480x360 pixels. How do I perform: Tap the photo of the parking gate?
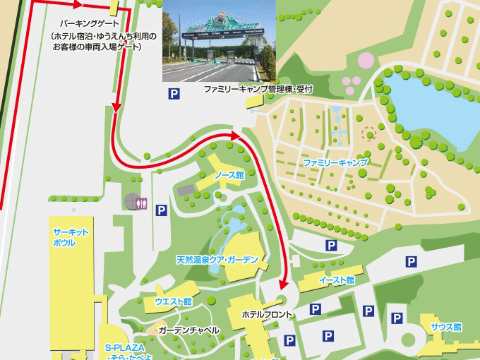pyautogui.click(x=219, y=41)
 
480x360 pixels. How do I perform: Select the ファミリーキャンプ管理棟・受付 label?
pyautogui.click(x=258, y=90)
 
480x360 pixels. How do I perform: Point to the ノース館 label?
pyautogui.click(x=229, y=174)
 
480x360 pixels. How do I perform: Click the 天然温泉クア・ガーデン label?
pyautogui.click(x=212, y=260)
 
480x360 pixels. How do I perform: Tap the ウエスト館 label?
pyautogui.click(x=173, y=301)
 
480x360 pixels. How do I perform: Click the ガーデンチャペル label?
pyautogui.click(x=188, y=330)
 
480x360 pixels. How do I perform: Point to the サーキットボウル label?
pyautogui.click(x=70, y=237)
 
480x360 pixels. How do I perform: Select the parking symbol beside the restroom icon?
pyautogui.click(x=161, y=210)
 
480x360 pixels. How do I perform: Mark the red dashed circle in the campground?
pyautogui.click(x=368, y=133)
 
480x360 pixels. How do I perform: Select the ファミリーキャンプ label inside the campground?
pyautogui.click(x=336, y=162)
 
